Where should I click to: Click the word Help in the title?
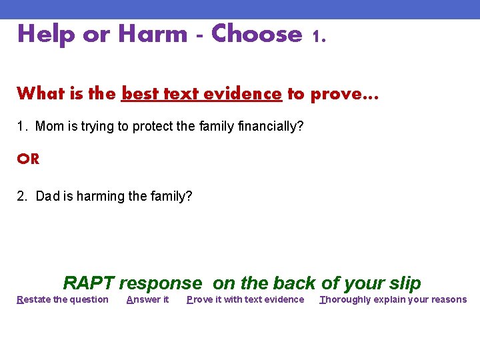[x=46, y=34]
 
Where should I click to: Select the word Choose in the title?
[x=257, y=34]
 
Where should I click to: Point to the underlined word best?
[x=139, y=93]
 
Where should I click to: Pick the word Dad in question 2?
[x=48, y=196]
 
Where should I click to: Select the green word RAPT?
[x=89, y=283]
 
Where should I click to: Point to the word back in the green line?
[x=294, y=283]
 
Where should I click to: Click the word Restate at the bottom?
[x=33, y=299]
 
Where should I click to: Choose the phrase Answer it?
[x=147, y=299]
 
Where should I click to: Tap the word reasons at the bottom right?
[x=449, y=299]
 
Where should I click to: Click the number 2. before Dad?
[x=22, y=196]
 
